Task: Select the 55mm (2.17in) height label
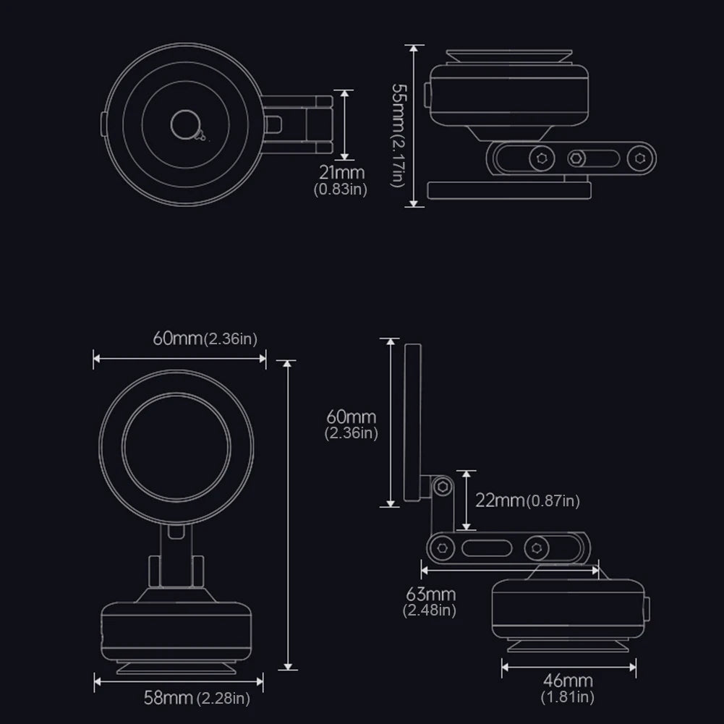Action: (x=397, y=135)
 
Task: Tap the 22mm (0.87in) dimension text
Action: (x=527, y=500)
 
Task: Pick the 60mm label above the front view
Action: (x=205, y=338)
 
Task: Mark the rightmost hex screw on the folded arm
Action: (x=638, y=158)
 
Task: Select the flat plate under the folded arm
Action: (x=509, y=189)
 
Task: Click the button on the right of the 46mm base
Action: (x=645, y=610)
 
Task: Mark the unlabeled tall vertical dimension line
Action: (x=289, y=514)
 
